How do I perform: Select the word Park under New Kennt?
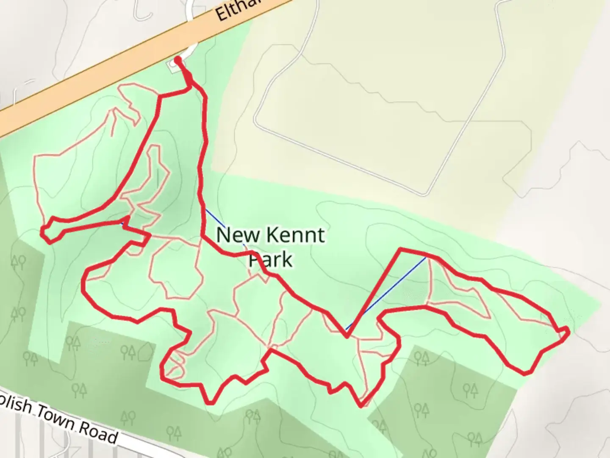271,260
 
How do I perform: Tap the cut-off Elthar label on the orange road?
237,9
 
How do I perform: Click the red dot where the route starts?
178,60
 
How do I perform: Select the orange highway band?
127,64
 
